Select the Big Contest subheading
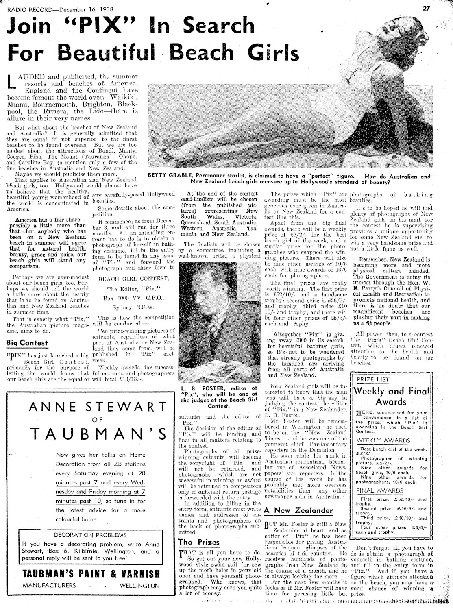coord(27,343)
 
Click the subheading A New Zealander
coord(298,510)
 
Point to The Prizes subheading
coord(199,542)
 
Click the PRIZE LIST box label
coord(373,380)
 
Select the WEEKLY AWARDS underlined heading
coord(378,440)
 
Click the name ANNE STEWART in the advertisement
coord(98,407)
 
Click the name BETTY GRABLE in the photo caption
coord(171,176)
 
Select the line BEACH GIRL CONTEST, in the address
coord(133,278)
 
